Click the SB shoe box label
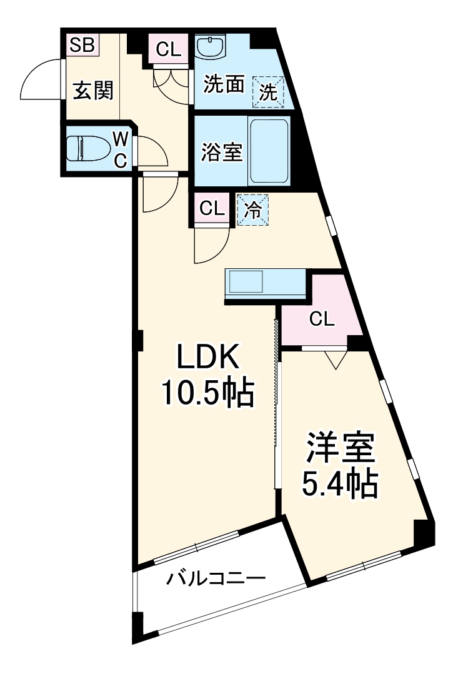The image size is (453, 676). point(82,45)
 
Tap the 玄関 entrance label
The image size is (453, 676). point(94,91)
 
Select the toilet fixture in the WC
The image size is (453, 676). point(87,149)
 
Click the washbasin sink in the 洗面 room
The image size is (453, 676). point(211,47)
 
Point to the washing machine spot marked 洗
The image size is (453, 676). point(268,93)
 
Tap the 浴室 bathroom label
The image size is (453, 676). point(222,152)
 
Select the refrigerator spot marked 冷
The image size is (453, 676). point(253,208)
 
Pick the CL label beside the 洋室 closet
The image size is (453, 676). point(322,320)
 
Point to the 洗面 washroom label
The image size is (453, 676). point(223,86)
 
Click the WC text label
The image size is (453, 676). point(121,149)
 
